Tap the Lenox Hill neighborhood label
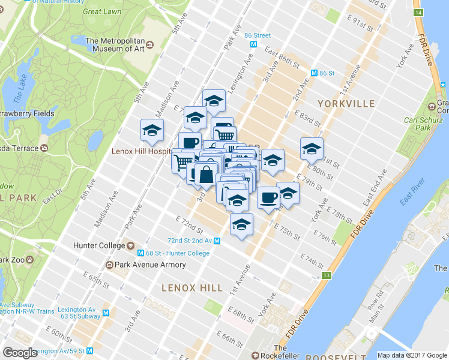[x=187, y=288]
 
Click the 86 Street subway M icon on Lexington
[x=254, y=44]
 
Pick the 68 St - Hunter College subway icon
[x=141, y=253]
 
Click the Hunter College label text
[x=98, y=245]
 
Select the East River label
[x=412, y=191]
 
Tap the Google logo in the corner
[x=20, y=353]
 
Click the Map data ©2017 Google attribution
[x=412, y=355]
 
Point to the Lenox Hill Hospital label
[x=142, y=151]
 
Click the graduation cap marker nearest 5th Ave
[x=152, y=130]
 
